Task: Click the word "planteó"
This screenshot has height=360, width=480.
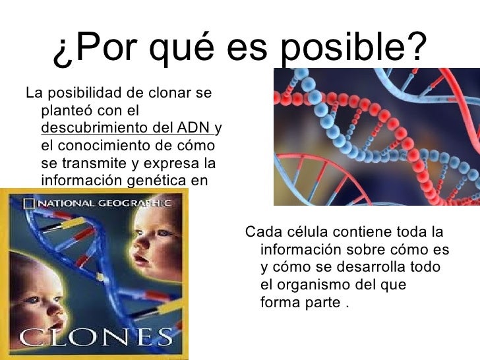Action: (x=67, y=110)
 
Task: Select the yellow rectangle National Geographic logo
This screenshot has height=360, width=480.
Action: (x=28, y=203)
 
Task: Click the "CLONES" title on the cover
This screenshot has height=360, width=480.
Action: (x=96, y=339)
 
